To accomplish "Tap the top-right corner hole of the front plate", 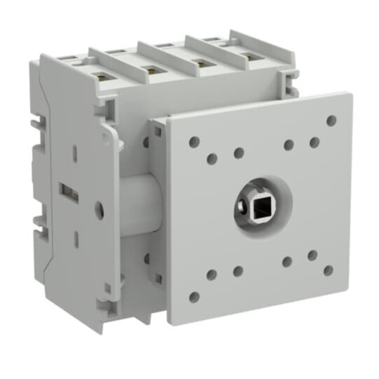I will pos(331,121).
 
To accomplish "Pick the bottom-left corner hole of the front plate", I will pos(194,297).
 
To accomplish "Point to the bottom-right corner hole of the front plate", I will pos(328,270).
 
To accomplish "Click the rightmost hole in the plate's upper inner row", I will pos(315,142).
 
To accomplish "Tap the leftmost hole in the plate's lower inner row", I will pos(212,274).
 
